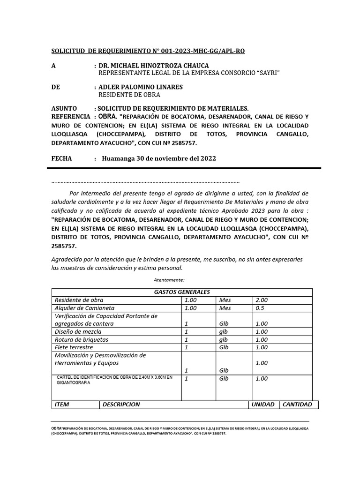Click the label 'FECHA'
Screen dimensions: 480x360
[x=61, y=158]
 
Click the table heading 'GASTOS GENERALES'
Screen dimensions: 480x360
[x=182, y=292]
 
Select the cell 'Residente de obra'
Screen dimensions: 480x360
[x=79, y=300]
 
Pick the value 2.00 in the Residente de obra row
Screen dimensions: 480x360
[x=262, y=300]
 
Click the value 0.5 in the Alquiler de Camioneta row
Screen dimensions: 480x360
[x=260, y=308]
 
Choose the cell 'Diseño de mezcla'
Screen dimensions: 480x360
[x=77, y=332]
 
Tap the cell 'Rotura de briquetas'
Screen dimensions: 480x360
[x=82, y=339]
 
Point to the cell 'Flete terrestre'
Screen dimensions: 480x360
[x=74, y=347]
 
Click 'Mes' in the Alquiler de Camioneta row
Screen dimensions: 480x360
[x=225, y=308]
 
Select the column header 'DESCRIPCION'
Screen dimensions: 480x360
[x=121, y=405]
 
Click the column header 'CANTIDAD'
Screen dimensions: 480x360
[x=297, y=405]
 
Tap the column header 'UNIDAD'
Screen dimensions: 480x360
[x=263, y=405]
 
